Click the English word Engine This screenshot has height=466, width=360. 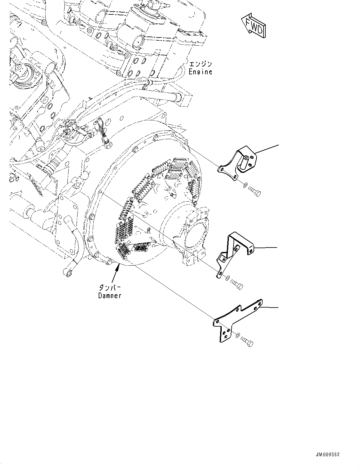[200, 72]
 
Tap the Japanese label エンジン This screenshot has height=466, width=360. [200, 64]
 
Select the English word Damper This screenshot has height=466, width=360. [109, 296]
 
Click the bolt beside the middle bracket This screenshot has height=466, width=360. [237, 284]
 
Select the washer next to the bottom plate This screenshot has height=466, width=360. [238, 335]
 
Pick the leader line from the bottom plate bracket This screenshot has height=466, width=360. [270, 308]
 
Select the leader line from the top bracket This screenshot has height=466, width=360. [267, 149]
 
